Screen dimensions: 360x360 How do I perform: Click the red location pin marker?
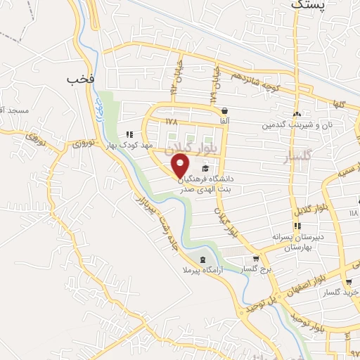click(x=181, y=166)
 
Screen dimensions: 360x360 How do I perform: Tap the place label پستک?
click(x=308, y=5)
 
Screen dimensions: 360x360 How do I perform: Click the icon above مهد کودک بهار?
click(x=128, y=134)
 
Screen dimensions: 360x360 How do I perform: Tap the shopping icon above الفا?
click(x=224, y=110)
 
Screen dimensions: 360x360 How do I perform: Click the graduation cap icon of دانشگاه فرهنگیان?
click(x=205, y=168)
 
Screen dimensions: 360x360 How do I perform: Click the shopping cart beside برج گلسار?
click(x=265, y=259)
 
